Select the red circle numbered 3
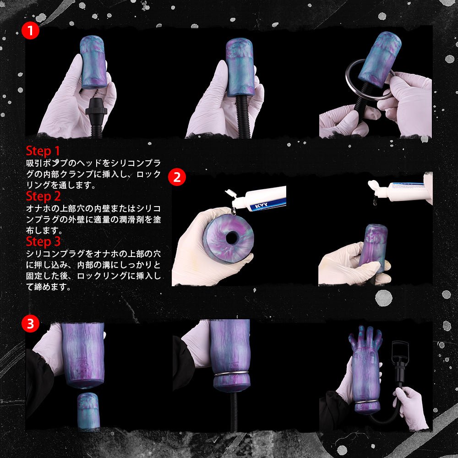tap(30, 324)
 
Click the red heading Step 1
tap(43, 151)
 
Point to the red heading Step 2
tap(43, 196)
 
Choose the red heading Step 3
tap(43, 241)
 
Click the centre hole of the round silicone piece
tap(232, 237)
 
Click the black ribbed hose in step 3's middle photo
tap(234, 412)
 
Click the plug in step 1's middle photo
tap(240, 69)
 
